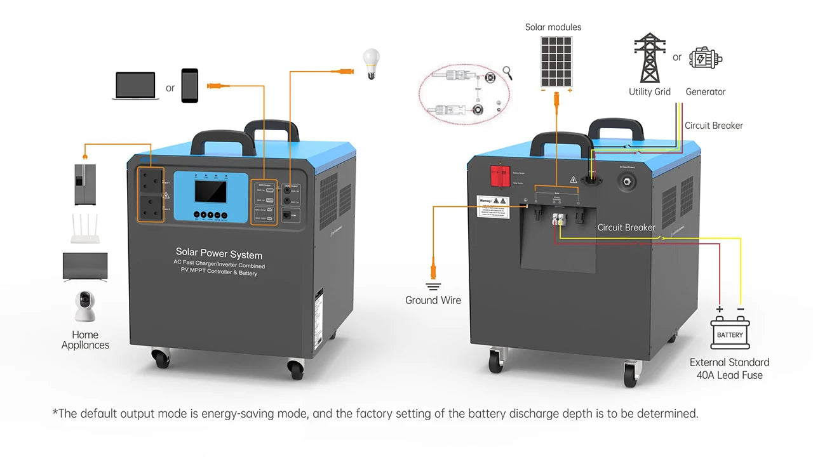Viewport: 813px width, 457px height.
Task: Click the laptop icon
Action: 135,85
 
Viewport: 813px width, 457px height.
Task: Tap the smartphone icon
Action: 190,85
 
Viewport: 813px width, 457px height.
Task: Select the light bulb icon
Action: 371,63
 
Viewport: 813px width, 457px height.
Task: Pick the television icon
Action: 85,267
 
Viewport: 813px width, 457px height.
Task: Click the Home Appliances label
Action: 85,340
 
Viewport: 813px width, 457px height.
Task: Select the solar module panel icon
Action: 556,61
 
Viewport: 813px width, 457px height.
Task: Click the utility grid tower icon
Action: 649,58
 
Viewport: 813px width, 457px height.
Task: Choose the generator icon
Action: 706,58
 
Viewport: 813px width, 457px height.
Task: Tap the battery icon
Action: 730,333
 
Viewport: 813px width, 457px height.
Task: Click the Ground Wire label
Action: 433,300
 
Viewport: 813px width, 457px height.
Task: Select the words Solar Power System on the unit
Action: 219,255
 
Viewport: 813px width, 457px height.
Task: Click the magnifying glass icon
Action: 507,72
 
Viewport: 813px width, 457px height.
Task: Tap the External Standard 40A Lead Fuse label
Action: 730,369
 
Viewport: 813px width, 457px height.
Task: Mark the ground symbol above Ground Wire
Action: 433,286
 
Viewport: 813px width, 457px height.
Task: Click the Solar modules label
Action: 553,27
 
